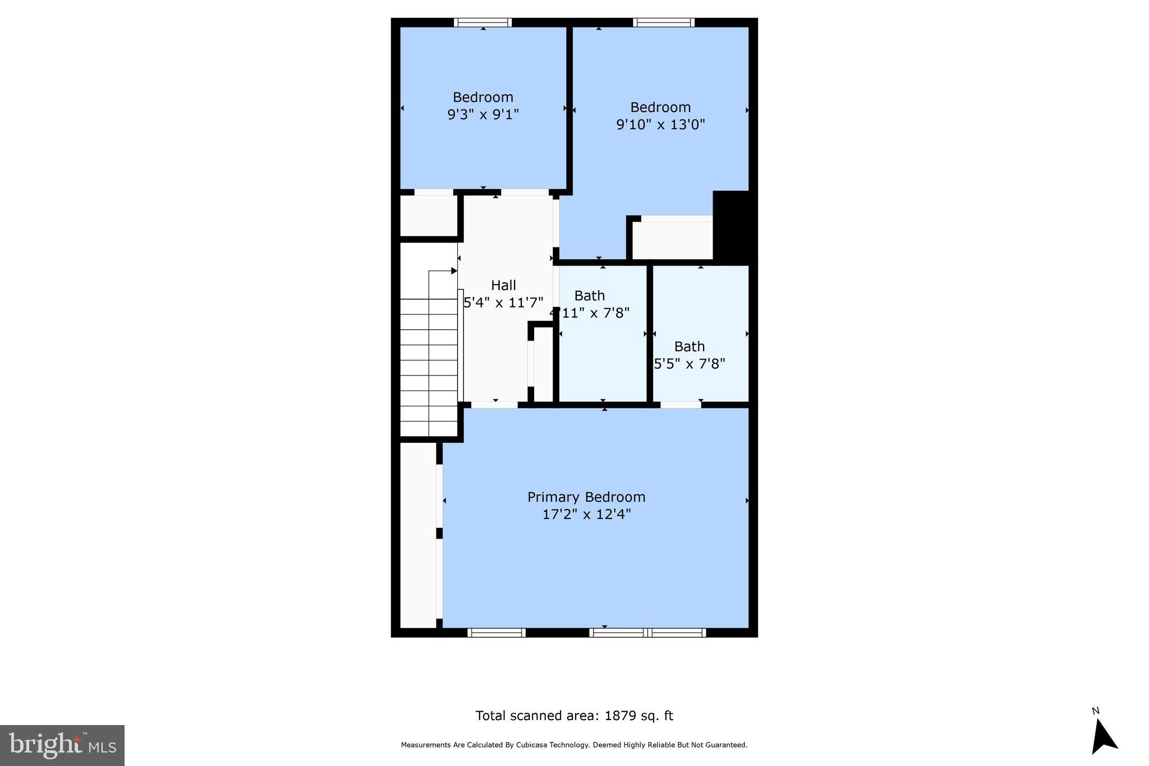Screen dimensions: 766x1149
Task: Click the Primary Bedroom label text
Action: [x=586, y=497]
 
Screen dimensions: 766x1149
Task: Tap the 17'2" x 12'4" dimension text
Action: [x=586, y=515]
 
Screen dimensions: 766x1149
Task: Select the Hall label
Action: [x=503, y=285]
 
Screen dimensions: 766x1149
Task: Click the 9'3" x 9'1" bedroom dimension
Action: [x=482, y=114]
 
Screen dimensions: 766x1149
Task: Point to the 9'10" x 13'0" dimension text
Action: [x=660, y=125]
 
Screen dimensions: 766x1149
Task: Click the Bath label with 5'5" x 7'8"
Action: [x=690, y=346]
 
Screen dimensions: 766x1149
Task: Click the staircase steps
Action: [x=429, y=365]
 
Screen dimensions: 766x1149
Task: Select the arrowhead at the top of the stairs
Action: [x=454, y=271]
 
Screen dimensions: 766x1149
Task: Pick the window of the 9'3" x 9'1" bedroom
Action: [x=482, y=22]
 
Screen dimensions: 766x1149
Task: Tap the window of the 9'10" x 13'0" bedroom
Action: [x=664, y=22]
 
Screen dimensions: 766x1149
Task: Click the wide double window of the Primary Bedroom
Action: [x=648, y=632]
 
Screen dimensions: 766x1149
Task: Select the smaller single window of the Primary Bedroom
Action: [x=496, y=632]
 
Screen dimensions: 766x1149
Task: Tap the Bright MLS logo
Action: [x=62, y=745]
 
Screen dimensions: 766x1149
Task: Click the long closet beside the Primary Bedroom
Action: [x=418, y=536]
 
